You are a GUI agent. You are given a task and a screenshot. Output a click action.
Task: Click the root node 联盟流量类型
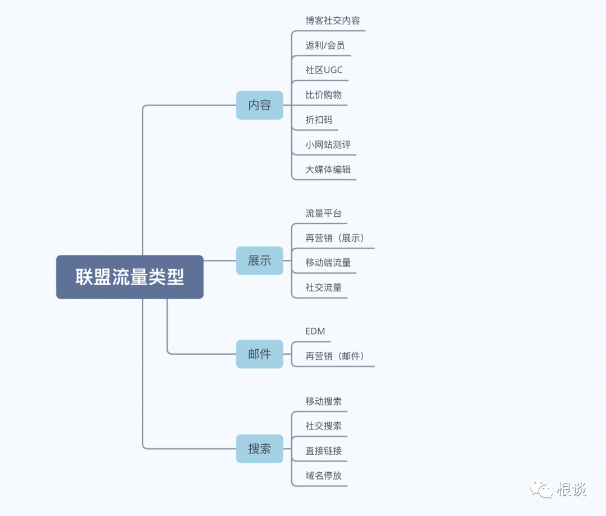pos(130,277)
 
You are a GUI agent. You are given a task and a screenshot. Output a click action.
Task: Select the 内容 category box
pos(259,105)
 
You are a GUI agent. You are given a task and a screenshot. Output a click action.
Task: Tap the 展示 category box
pos(259,261)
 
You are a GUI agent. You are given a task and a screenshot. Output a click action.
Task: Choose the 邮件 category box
pos(259,354)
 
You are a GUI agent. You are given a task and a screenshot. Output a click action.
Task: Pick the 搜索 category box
pos(259,449)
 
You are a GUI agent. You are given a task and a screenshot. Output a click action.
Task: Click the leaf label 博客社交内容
pos(333,21)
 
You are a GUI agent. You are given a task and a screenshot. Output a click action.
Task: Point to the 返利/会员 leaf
pos(325,45)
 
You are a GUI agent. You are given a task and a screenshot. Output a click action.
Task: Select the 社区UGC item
pos(324,70)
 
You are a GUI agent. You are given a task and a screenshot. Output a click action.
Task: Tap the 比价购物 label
pos(323,95)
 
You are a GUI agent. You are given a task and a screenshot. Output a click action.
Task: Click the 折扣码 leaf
pos(319,120)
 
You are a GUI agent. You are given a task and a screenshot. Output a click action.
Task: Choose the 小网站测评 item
pos(328,144)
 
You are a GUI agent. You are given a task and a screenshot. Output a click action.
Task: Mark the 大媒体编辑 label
pos(328,169)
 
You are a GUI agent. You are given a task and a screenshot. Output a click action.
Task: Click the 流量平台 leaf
pos(323,213)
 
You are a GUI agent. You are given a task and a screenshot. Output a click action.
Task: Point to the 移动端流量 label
pos(328,263)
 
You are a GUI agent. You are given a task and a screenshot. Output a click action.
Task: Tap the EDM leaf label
pos(315,331)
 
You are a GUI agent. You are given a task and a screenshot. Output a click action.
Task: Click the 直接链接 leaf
pos(323,450)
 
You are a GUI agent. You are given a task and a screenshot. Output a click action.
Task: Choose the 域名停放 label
pos(323,475)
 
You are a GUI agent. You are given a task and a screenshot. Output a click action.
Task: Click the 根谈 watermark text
pos(571,489)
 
